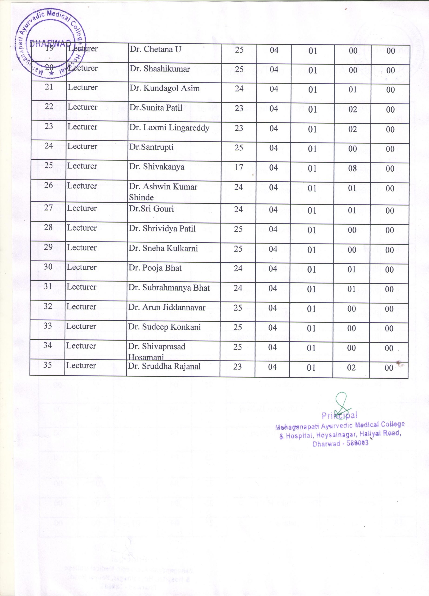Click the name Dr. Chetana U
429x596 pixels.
pos(155,49)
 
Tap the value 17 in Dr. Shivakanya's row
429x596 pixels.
pos(239,167)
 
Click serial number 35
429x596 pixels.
pos(47,365)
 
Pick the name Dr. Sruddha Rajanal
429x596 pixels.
pos(164,366)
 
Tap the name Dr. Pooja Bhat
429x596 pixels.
pos(155,268)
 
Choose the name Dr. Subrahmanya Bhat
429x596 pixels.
pos(169,288)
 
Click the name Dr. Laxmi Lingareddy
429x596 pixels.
pos(169,128)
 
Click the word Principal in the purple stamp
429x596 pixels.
pos(339,416)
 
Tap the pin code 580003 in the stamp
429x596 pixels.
pos(358,443)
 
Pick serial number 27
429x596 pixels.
pos(48,208)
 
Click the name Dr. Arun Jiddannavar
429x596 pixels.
pos(167,308)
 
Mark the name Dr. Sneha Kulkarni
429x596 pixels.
pos(163,248)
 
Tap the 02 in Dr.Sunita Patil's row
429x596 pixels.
pos(353,109)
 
